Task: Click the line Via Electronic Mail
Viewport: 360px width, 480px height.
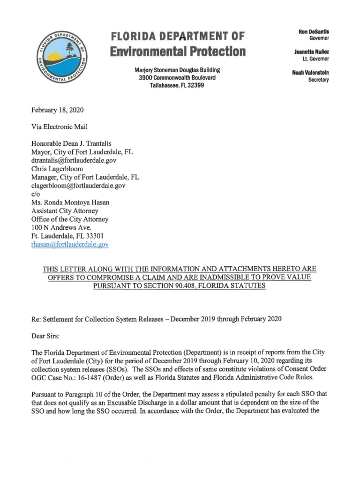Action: point(59,127)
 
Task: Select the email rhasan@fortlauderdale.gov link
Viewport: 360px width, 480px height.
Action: point(70,244)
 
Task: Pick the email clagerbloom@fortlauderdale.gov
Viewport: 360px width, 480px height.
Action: point(78,185)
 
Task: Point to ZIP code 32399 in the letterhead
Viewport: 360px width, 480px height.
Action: point(194,86)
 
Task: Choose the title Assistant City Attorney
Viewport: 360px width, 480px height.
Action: point(65,210)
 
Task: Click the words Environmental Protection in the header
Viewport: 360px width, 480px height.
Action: point(178,51)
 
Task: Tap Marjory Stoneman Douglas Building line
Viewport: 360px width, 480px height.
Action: point(177,70)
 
